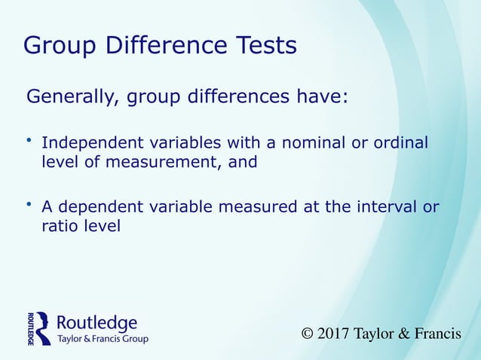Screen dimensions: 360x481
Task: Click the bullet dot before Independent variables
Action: point(29,139)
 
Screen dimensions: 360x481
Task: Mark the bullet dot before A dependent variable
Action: point(29,204)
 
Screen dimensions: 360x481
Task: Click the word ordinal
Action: point(400,142)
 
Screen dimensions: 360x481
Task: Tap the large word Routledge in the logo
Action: point(97,323)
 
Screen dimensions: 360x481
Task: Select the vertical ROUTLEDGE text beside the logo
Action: point(31,328)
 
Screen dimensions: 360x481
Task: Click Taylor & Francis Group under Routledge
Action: point(103,340)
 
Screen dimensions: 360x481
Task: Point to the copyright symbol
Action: point(307,334)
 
